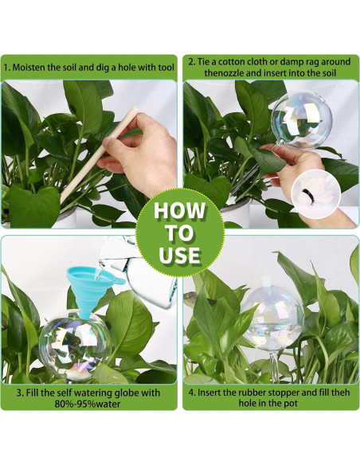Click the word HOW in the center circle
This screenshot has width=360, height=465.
coord(179,211)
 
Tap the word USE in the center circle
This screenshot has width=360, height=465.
coord(179,255)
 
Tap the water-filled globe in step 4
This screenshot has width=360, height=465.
coord(273,317)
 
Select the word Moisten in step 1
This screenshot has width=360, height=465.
coord(29,67)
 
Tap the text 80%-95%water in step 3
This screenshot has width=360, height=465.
coord(88,404)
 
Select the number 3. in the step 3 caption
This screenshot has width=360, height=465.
coord(20,393)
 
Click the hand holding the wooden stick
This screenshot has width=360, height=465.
coord(137,154)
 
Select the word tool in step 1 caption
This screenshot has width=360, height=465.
coord(166,67)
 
